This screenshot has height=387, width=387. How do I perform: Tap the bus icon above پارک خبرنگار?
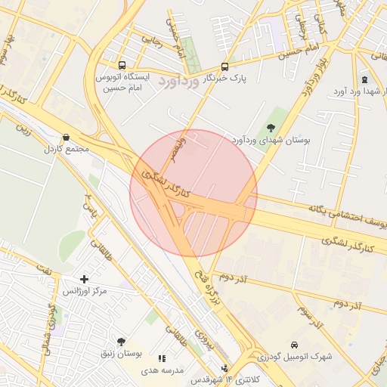224,67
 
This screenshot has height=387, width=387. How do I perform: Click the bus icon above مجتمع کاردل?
67,138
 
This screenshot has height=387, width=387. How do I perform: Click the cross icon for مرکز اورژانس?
84,279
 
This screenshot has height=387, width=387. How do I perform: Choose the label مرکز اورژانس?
84,291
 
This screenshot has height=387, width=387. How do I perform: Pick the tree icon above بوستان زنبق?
121,342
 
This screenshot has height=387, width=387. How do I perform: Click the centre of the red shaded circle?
193,193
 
